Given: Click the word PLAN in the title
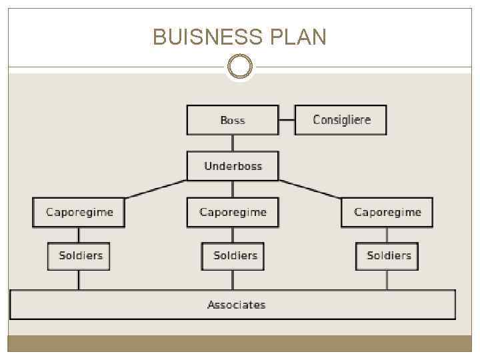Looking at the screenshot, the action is pyautogui.click(x=298, y=37).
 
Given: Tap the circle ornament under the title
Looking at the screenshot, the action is pyautogui.click(x=240, y=67).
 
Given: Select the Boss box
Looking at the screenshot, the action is pyautogui.click(x=233, y=120).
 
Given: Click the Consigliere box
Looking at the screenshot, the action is pyautogui.click(x=341, y=120).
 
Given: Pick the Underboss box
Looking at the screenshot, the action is pyautogui.click(x=233, y=166).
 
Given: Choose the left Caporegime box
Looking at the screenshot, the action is pyautogui.click(x=79, y=212).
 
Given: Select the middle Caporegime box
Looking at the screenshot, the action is pyautogui.click(x=233, y=212).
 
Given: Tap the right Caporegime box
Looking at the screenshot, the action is pyautogui.click(x=387, y=212).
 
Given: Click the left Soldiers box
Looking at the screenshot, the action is pyautogui.click(x=79, y=255).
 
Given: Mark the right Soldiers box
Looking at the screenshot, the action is pyautogui.click(x=387, y=255).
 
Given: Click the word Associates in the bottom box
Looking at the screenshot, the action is pyautogui.click(x=236, y=305).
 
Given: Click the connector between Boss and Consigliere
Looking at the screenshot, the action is pyautogui.click(x=287, y=120).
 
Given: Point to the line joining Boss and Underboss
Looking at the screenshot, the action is pyautogui.click(x=233, y=143).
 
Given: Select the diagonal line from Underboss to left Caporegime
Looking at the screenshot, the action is pyautogui.click(x=155, y=189).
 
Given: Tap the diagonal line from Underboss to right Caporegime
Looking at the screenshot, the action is pyautogui.click(x=310, y=189).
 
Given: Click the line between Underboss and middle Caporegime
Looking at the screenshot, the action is pyautogui.click(x=233, y=189).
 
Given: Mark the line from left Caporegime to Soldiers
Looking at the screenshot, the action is pyautogui.click(x=79, y=235).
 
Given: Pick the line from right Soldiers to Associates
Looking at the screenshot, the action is pyautogui.click(x=387, y=280).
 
